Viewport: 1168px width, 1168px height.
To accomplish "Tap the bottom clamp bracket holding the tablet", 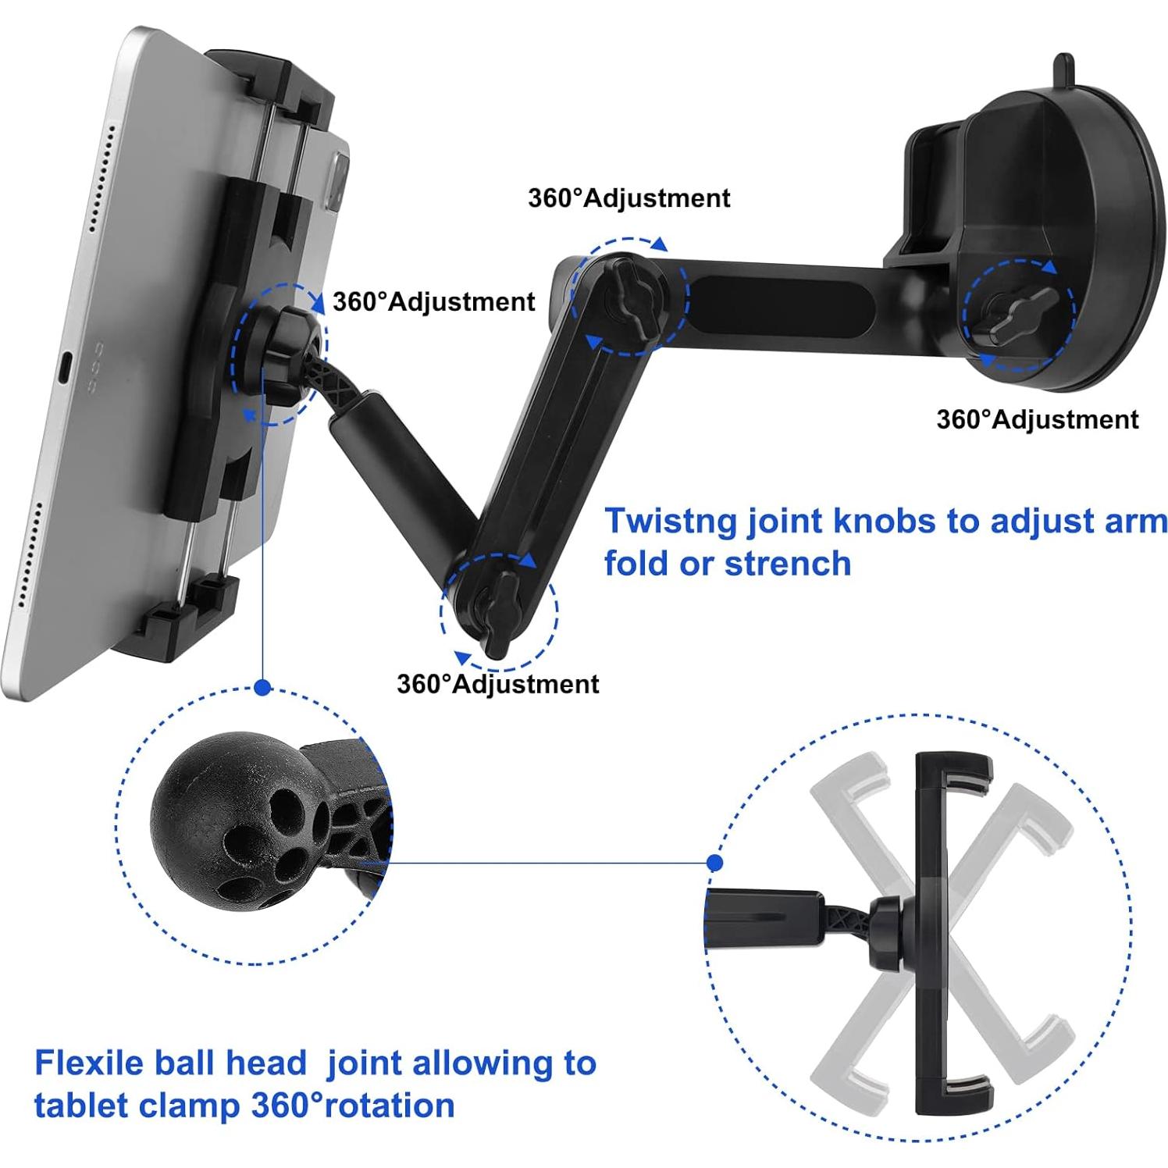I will [187, 617].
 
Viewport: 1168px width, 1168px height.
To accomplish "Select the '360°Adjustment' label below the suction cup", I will [1037, 420].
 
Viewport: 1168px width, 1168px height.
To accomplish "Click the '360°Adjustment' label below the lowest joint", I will [497, 684].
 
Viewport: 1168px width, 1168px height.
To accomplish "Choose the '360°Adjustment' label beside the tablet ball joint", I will [433, 301].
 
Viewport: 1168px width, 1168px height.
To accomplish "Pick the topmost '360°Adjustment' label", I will [629, 198].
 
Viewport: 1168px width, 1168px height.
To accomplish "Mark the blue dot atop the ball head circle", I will [263, 688].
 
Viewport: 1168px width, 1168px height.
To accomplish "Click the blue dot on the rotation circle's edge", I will [714, 863].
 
